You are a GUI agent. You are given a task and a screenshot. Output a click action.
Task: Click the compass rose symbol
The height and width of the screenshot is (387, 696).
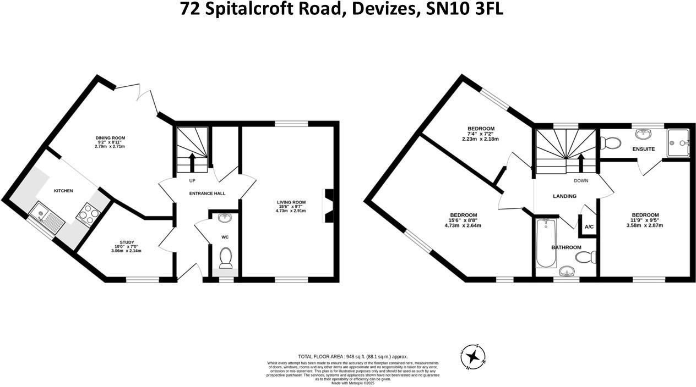coord(472,357)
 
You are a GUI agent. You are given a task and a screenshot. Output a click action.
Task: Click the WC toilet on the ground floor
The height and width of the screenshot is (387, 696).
coord(225,257)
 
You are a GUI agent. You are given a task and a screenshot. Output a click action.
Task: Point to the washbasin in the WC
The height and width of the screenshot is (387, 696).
coord(225,218)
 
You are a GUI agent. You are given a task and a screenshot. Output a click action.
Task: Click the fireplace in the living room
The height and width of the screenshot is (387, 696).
coord(328,206)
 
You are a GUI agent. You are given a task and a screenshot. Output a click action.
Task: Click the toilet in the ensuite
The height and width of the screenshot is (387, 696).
coord(609,143)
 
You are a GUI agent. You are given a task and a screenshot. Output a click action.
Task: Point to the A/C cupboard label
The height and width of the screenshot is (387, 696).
coord(589,226)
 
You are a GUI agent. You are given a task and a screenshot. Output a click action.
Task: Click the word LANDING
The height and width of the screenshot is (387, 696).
coord(564,196)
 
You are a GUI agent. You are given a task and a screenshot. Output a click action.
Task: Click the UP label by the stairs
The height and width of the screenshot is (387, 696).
coord(192,180)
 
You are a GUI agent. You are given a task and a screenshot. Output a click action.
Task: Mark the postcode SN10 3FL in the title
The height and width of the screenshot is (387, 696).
coord(465,9)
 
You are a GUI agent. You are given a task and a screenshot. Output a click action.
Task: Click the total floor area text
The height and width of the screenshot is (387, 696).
coord(353,356)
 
